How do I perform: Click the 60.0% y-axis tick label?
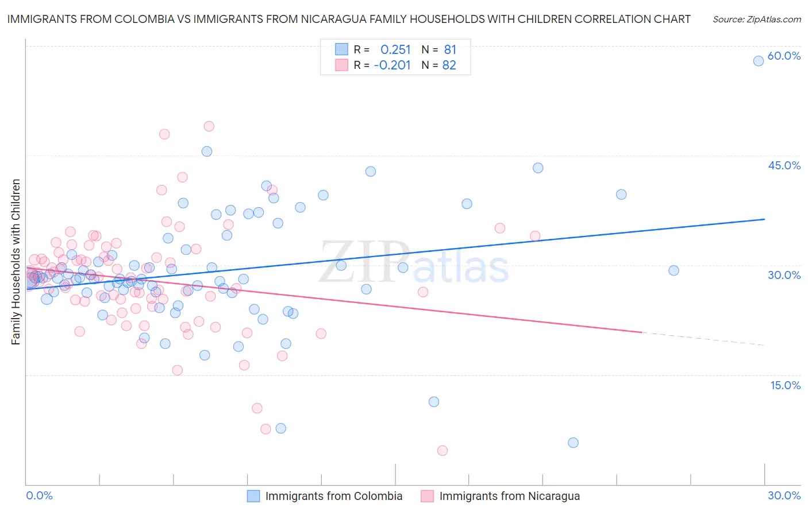tap(784, 56)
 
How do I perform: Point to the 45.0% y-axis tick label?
tap(784, 165)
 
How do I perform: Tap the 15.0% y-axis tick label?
tap(785, 385)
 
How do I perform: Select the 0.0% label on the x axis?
tap(39, 495)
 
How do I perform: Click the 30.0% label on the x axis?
tap(784, 495)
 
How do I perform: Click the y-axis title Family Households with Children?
tap(16, 262)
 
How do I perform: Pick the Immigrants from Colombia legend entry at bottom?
tap(333, 496)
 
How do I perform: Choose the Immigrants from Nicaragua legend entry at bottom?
tap(509, 496)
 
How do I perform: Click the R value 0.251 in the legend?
tap(395, 49)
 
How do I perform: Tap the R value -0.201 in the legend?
tap(392, 65)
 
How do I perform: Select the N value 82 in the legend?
tap(449, 65)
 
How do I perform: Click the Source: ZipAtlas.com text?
tap(756, 20)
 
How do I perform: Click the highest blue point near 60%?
tap(759, 61)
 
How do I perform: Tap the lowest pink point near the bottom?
tap(442, 451)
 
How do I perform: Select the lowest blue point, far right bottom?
tap(573, 443)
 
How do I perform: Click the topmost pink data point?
tap(209, 126)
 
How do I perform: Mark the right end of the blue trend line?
tap(764, 219)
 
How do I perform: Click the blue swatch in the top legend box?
tap(341, 49)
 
